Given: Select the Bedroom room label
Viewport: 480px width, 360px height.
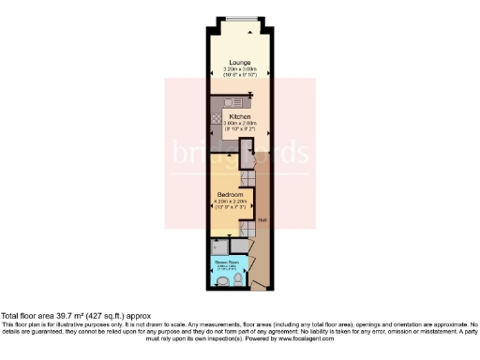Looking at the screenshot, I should (x=230, y=194).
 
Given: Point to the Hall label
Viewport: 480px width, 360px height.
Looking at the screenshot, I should (x=263, y=220).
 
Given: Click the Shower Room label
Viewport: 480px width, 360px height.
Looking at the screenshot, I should (x=226, y=262).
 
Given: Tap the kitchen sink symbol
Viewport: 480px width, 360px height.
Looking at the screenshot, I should (x=232, y=102).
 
